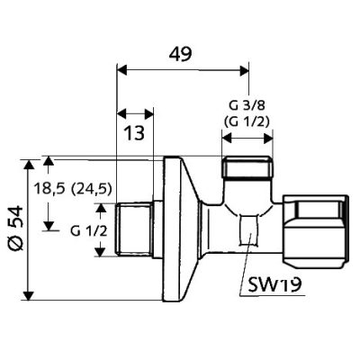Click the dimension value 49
(x=180, y=54)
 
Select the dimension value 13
(x=134, y=132)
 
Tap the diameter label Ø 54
(x=15, y=228)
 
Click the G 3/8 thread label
(x=247, y=106)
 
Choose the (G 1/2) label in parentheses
(x=247, y=121)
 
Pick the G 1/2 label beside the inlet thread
(x=88, y=231)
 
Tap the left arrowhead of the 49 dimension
(x=122, y=71)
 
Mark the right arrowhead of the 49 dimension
(x=243, y=71)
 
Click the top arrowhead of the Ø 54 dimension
(x=29, y=165)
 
